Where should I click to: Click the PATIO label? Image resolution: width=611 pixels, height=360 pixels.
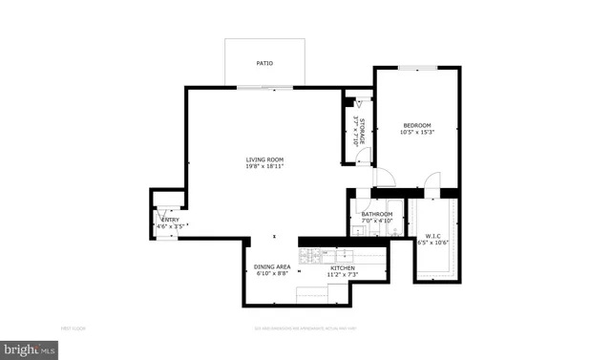[x=264, y=63]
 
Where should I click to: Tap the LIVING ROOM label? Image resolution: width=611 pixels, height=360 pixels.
[x=264, y=159]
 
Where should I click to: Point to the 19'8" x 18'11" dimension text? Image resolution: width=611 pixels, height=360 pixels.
[x=264, y=167]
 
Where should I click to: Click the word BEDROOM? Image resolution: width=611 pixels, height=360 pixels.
[x=416, y=125]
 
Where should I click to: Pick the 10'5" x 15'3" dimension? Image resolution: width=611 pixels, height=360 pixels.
[x=416, y=133]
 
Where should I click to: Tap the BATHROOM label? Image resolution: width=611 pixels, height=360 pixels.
[x=377, y=214]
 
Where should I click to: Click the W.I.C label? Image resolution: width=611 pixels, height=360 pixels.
[x=432, y=235]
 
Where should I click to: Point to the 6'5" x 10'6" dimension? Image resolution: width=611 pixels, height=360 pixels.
[x=432, y=243]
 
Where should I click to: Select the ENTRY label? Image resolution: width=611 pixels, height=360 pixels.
[x=170, y=220]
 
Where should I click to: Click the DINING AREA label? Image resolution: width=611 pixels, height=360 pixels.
[x=271, y=266]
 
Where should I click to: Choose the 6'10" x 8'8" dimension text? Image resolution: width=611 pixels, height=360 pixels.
[x=271, y=274]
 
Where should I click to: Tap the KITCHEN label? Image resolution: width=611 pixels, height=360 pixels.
[x=343, y=268]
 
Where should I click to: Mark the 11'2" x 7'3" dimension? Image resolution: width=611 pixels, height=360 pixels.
[x=343, y=275]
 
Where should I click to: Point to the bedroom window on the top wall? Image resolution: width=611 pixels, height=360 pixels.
[x=417, y=68]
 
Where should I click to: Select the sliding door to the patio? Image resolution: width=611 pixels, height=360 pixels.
[x=264, y=89]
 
